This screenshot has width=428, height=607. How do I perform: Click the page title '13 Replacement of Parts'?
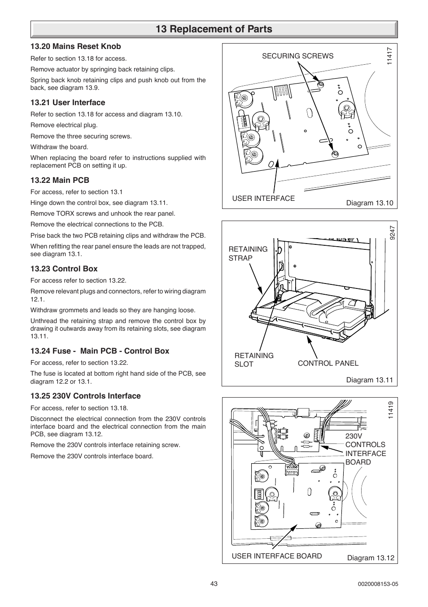214,29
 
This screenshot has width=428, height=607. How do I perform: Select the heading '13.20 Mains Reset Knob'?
75,46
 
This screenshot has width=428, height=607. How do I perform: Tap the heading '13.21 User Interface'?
68,102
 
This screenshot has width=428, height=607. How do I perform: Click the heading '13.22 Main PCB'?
60,180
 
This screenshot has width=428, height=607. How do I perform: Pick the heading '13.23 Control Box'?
64,269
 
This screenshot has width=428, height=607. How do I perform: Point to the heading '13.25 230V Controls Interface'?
85,396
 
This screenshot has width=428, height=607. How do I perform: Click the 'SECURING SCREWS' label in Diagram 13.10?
297,56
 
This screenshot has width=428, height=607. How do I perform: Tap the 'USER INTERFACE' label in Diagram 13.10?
263,198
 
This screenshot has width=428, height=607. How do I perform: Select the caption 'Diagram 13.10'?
369,203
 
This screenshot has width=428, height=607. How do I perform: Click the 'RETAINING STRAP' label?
248,253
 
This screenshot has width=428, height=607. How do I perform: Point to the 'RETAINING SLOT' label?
253,359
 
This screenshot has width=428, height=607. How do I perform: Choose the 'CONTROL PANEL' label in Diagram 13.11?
328,363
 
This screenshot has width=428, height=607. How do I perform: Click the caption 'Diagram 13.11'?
369,380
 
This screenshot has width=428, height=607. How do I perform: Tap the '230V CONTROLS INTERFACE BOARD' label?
365,449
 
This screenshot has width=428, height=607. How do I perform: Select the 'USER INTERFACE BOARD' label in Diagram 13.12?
276,556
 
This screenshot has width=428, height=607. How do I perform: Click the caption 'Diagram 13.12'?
371,558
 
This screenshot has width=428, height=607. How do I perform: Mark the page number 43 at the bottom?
214,584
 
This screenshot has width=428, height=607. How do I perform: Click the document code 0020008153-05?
378,584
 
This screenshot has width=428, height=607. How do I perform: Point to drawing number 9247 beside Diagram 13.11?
392,232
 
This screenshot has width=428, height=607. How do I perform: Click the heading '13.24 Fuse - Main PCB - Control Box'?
100,351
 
